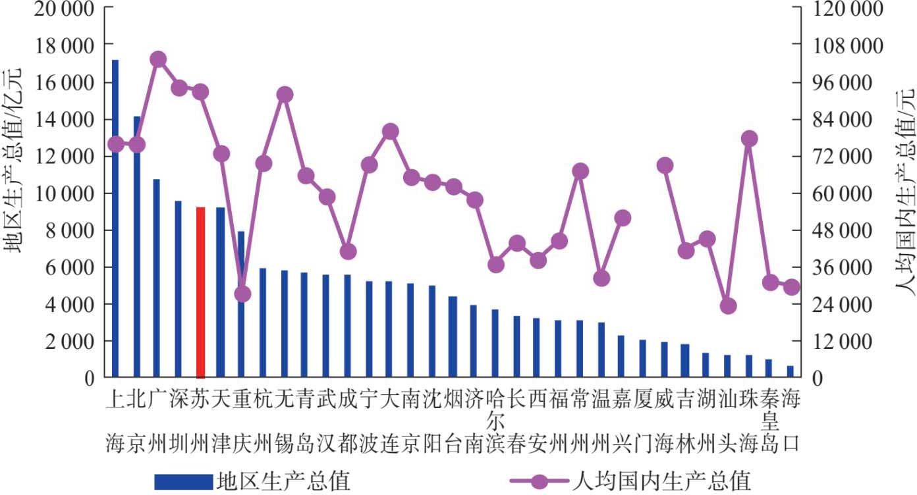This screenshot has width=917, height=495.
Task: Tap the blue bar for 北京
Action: tap(137, 247)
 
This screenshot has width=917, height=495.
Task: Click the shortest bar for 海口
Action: tap(790, 371)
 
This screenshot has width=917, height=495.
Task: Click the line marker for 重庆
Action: tap(242, 294)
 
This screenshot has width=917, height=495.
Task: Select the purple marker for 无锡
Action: tap(285, 95)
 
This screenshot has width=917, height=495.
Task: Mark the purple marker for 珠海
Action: tap(749, 139)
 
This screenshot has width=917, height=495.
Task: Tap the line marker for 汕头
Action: tap(728, 306)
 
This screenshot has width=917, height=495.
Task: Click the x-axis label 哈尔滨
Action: tap(495, 421)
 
